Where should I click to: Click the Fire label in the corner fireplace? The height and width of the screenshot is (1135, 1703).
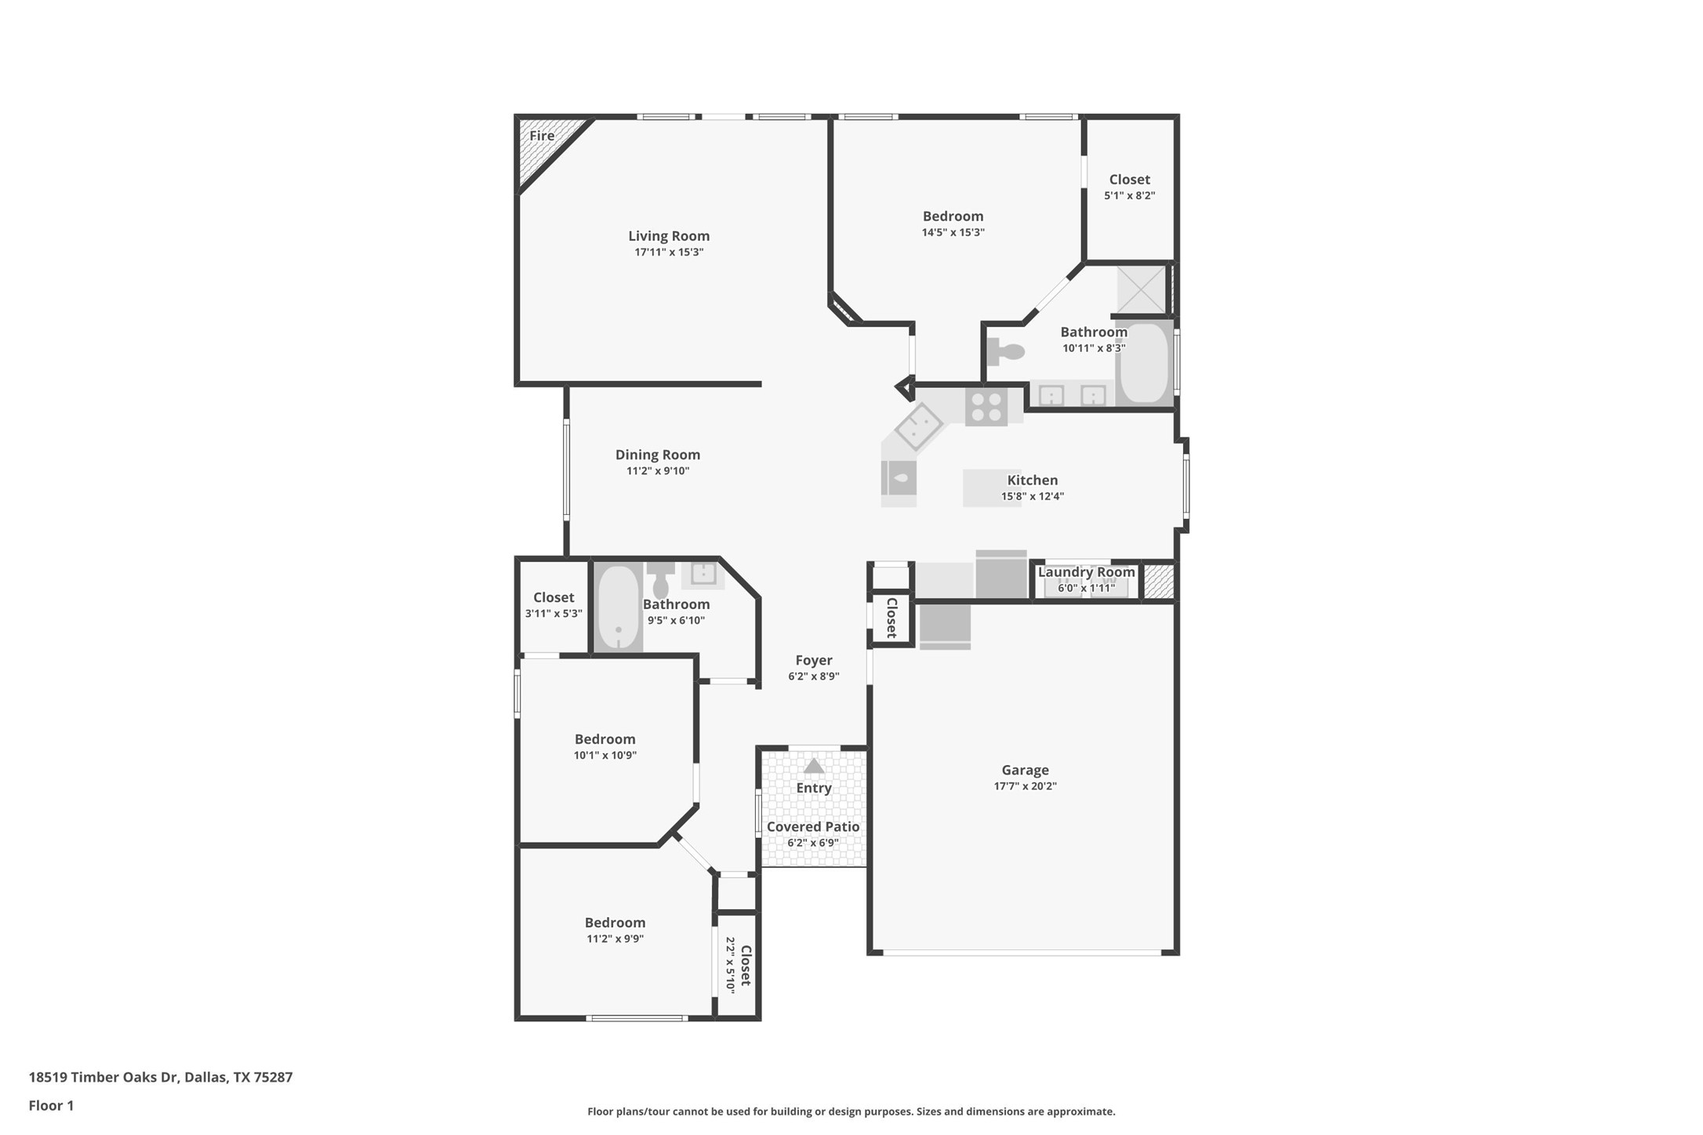(542, 136)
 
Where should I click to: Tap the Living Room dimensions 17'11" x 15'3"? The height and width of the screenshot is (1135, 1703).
(669, 252)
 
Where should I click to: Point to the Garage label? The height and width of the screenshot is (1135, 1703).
(1025, 770)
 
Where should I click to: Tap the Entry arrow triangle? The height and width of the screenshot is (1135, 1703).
(814, 766)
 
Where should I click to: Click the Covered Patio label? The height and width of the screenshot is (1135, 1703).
(813, 826)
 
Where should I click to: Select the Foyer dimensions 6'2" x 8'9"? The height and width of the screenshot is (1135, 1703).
(814, 676)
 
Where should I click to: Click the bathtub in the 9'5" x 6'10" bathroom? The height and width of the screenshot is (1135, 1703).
(619, 607)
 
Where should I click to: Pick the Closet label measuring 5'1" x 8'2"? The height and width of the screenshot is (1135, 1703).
(1129, 179)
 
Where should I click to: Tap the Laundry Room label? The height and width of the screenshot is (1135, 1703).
(1086, 572)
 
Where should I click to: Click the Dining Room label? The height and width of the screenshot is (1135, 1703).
(657, 455)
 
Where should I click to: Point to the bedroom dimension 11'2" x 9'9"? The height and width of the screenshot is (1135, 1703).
(615, 939)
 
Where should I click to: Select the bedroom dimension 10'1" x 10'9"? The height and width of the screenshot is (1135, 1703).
(605, 756)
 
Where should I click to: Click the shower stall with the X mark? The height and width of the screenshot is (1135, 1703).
(1141, 290)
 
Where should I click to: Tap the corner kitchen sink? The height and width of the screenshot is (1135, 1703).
(919, 426)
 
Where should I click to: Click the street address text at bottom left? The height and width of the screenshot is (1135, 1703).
(161, 1077)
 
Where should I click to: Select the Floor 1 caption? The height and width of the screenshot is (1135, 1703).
(51, 1106)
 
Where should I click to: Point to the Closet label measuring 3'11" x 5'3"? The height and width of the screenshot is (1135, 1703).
(554, 597)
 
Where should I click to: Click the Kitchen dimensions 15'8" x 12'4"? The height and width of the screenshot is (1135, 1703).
(1032, 496)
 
